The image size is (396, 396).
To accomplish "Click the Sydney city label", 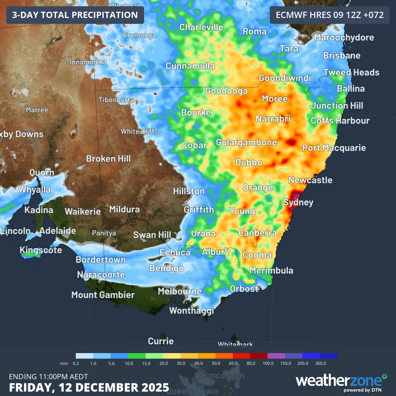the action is point(298,202).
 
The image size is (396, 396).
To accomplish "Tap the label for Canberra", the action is point(257,233).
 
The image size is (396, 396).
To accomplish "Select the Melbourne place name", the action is point(180,291).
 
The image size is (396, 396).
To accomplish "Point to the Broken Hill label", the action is point(108,158).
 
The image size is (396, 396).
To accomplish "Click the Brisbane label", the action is point(342,56).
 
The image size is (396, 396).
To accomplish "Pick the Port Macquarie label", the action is point(334,148).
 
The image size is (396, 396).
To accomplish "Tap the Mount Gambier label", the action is point(103,295).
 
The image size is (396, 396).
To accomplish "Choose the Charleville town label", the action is point(201,27).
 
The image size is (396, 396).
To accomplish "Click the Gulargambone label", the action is point(246,142).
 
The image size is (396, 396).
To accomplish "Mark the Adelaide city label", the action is point(58,231).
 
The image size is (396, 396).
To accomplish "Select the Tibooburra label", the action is point(116,100).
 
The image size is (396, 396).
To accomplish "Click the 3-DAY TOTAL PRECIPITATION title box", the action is point(75,15).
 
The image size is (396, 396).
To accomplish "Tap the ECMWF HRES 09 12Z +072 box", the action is point(330,15).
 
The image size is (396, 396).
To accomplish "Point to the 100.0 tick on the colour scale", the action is point(268,363).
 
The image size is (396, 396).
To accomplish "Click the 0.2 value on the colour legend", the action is point(76,363).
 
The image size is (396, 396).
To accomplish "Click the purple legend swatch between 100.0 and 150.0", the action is point(276,356).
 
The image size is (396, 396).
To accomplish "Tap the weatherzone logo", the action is point(341,381).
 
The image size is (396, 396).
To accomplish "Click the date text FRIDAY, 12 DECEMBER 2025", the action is point(89,387).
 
